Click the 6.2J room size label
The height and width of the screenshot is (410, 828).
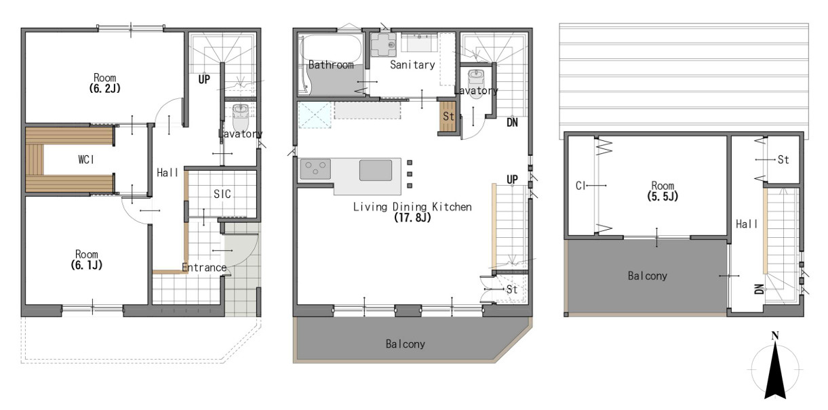(105, 88)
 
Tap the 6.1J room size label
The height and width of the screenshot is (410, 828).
(87, 265)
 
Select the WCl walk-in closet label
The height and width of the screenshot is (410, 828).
(86, 159)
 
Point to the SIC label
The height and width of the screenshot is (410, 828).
(222, 194)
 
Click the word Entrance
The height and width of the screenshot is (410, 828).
(204, 268)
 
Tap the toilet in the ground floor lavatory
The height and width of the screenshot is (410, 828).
(240, 117)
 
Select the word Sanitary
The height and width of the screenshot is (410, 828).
(412, 65)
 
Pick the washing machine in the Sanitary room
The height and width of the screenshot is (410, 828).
(383, 45)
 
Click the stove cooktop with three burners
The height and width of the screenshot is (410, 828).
(315, 169)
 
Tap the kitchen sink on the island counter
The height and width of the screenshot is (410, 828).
(376, 170)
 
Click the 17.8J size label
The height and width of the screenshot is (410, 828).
(412, 217)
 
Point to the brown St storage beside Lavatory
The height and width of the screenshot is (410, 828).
(448, 117)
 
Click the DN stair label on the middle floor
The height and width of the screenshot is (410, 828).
(512, 123)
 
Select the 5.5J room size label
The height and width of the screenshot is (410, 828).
(663, 196)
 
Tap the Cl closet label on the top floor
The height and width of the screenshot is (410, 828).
(580, 186)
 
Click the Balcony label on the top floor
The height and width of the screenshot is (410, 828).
(648, 276)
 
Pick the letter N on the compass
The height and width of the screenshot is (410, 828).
(775, 335)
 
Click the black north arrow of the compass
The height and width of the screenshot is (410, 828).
(775, 371)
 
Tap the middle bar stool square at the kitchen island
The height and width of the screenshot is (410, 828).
(410, 174)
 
